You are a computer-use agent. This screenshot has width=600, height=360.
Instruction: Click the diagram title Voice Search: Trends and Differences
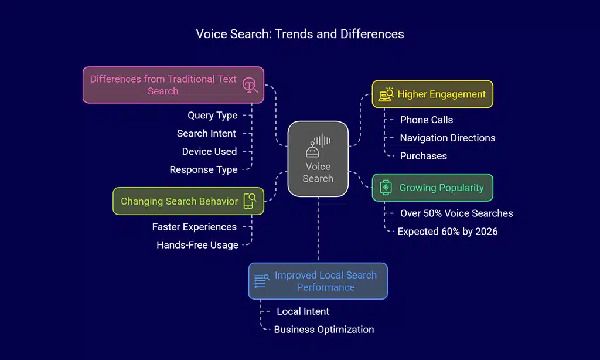coord(300,34)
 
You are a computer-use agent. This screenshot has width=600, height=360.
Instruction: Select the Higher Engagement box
coord(432,94)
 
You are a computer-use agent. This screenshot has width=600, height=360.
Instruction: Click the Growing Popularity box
coord(432,188)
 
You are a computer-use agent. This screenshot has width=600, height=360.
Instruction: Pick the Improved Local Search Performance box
coord(318,281)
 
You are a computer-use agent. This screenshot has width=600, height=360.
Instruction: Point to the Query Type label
coord(212,116)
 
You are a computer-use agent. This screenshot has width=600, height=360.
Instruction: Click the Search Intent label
coord(206,133)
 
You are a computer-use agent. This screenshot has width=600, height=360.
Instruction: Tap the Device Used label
coord(209,151)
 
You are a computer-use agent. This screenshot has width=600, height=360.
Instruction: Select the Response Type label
coord(203,169)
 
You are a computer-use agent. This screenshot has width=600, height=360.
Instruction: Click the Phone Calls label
coord(426,120)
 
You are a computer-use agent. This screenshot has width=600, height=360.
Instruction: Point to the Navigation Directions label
coord(447,138)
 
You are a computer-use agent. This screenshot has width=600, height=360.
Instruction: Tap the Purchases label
coord(423,156)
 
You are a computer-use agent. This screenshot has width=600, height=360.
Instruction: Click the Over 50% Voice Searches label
coord(456,213)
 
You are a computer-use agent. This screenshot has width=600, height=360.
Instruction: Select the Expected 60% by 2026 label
coord(447,231)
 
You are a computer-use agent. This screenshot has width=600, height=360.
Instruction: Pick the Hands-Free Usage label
coord(197,245)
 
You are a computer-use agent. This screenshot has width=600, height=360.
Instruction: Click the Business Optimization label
coord(323,329)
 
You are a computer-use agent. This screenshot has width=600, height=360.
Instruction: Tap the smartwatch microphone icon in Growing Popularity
coord(386,188)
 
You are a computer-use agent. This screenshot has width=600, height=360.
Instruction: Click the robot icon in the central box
coord(312,151)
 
